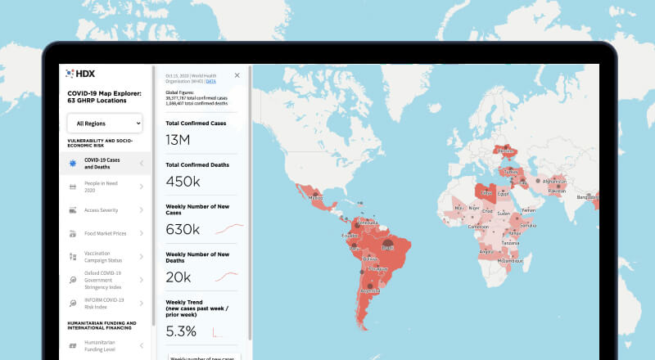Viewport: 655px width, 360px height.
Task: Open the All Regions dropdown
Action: coord(105,124)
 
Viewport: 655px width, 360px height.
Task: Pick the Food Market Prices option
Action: coord(105,233)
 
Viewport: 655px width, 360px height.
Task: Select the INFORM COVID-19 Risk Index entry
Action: coord(105,303)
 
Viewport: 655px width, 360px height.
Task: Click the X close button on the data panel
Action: coord(237,75)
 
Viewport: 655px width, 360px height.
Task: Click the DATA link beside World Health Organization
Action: coord(211,82)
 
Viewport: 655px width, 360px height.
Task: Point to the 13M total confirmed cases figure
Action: coord(178,140)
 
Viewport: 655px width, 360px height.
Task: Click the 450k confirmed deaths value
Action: coord(183,181)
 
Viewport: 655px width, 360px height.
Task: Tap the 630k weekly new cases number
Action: coord(183,229)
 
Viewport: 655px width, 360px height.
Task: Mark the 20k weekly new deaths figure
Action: coord(179,277)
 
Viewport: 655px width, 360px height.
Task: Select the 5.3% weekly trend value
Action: coord(181,331)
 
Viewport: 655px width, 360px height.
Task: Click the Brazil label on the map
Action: coord(388,248)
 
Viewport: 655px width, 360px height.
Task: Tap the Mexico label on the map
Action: coord(316,198)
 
